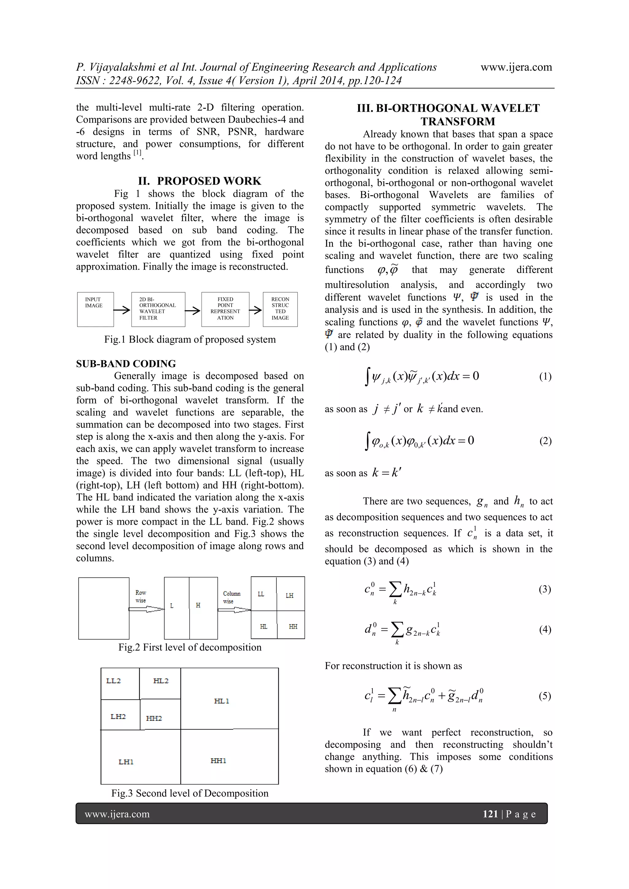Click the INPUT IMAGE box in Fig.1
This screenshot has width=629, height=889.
pos(95,309)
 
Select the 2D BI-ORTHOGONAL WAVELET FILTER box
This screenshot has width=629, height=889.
pos(158,309)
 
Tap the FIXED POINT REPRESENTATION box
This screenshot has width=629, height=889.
pos(225,309)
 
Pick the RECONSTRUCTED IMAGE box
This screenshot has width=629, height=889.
pos(280,309)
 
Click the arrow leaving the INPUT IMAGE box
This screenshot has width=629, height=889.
pos(122,310)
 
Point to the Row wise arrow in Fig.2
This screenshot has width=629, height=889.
pos(147,610)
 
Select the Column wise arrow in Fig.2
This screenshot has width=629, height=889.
pos(234,610)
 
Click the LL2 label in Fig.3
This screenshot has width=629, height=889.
pos(113,681)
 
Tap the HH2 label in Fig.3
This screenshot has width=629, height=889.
pos(154,719)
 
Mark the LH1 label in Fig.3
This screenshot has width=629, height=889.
pos(126,762)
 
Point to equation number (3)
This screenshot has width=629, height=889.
pos(545,589)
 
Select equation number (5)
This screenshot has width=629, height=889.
pos(545,696)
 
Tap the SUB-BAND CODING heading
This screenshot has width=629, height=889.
pos(126,364)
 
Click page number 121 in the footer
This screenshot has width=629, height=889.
pos(490,814)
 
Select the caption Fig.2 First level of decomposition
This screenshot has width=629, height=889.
pos(190,647)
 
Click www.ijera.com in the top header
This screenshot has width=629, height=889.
pos(516,67)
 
